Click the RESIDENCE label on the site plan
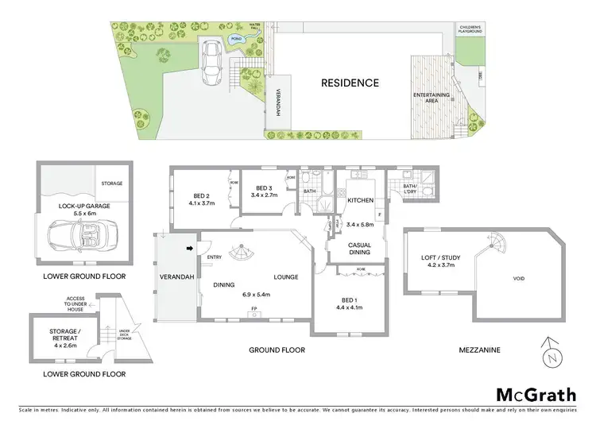pyautogui.click(x=350, y=83)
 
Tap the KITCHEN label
pyautogui.click(x=360, y=201)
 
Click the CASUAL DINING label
pyautogui.click(x=359, y=249)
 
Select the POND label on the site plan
pyautogui.click(x=236, y=37)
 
